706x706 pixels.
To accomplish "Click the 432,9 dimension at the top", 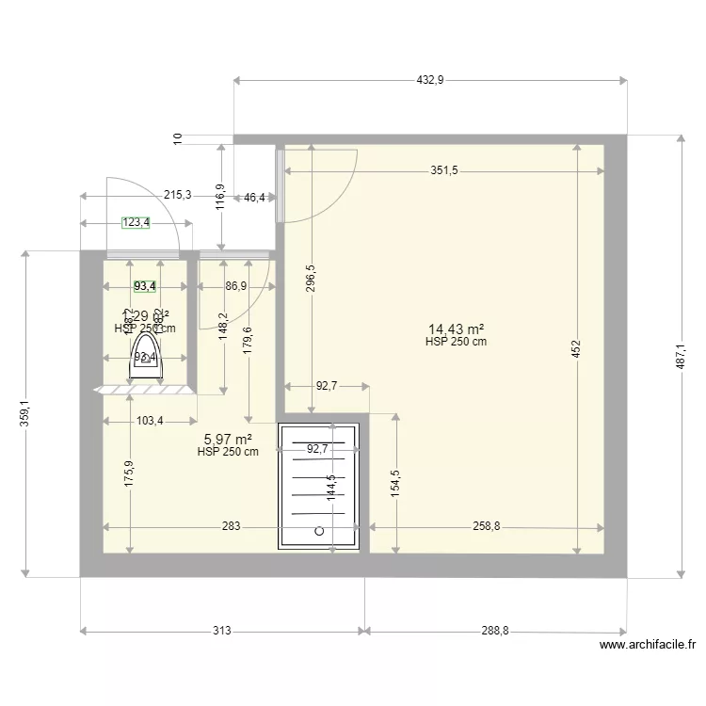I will (429, 81).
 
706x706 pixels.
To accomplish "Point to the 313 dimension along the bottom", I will (221, 632).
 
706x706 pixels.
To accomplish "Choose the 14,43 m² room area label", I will (456, 329).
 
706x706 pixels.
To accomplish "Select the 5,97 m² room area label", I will (228, 439).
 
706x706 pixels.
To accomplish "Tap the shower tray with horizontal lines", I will (319, 486).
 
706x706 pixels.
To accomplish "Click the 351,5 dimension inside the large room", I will (443, 170).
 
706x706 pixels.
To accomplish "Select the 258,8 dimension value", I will (486, 527).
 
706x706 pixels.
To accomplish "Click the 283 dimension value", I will (232, 527).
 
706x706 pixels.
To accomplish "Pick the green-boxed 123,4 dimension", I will (136, 223).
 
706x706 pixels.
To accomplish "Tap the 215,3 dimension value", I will (177, 196).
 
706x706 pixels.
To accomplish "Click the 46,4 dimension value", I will (254, 198).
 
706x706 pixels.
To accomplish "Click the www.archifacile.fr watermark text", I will (647, 646).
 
